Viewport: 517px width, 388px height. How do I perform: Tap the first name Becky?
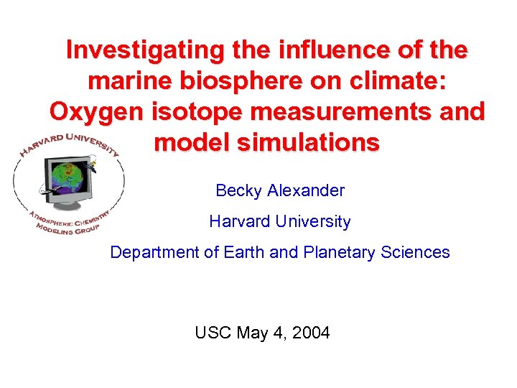(239, 191)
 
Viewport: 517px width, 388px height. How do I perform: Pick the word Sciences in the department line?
(419, 252)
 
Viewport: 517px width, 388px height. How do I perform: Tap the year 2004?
(309, 333)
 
